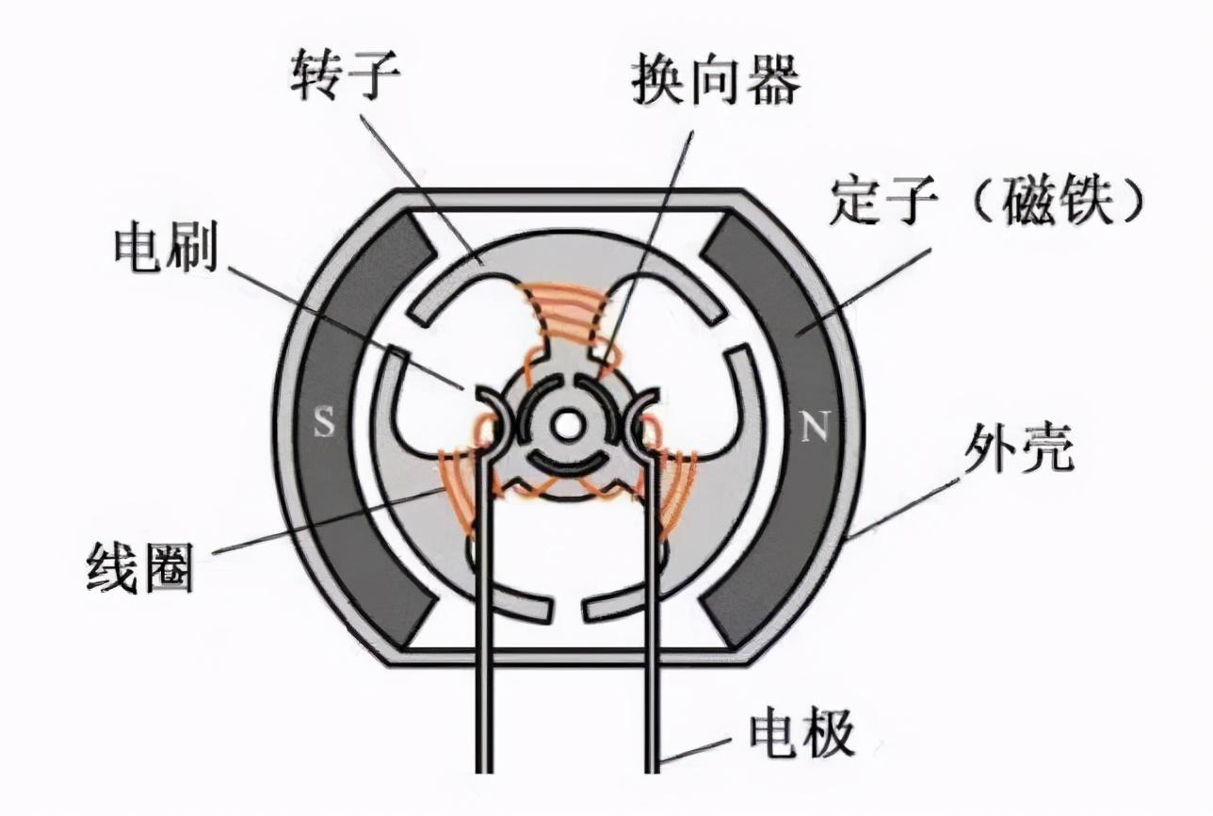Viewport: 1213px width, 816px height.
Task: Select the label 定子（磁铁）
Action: tap(988, 202)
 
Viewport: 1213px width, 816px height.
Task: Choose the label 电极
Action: tap(801, 734)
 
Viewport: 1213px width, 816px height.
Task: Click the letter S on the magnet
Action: tap(324, 425)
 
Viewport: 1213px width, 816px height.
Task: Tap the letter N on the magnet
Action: tap(813, 429)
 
